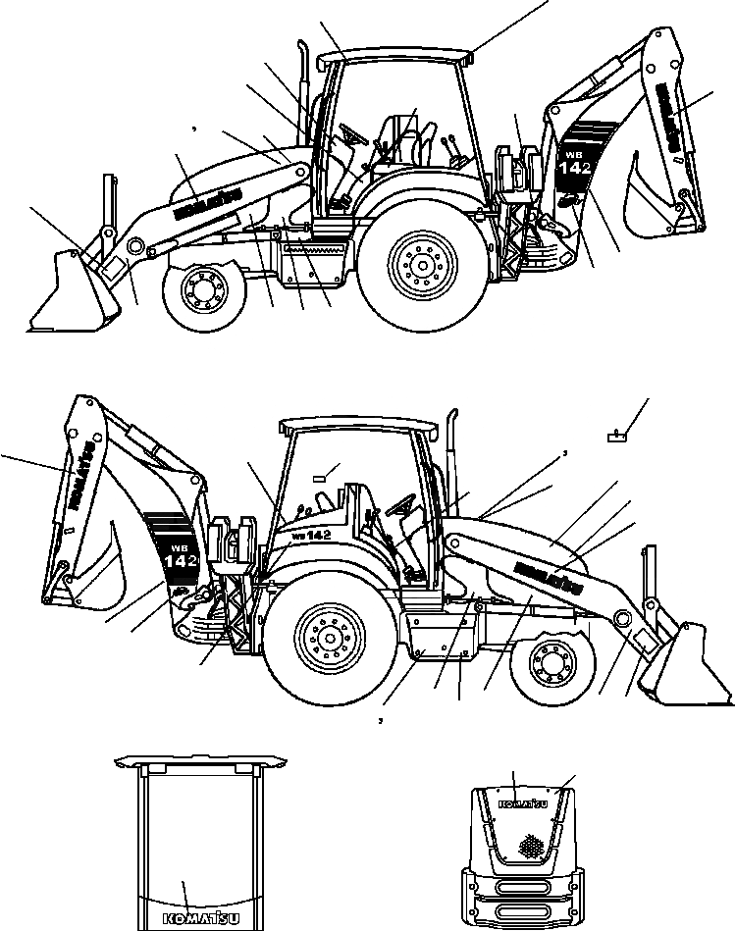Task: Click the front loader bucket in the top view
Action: point(74,294)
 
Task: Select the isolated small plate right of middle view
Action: point(615,438)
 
